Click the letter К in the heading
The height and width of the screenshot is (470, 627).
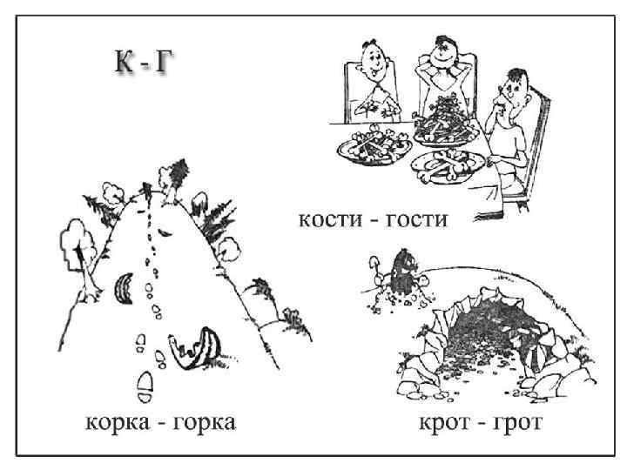click(124, 64)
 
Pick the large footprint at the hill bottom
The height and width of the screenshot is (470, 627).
click(145, 381)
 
